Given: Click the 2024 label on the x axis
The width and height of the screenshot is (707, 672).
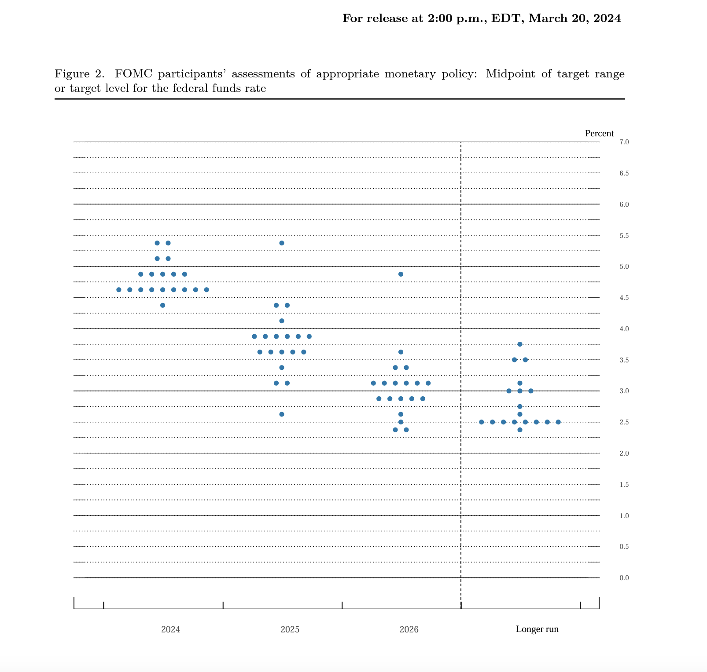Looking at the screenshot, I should (x=170, y=629).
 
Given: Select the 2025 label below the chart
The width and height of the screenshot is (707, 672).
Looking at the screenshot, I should (x=290, y=629).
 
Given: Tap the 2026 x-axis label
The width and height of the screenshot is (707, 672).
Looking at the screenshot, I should (x=409, y=629).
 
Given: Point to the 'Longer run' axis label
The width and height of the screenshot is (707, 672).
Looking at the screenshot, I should (x=537, y=629).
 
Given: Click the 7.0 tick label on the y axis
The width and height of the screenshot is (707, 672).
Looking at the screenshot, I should (x=624, y=142).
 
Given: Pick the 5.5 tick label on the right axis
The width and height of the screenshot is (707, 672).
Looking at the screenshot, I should (x=624, y=236).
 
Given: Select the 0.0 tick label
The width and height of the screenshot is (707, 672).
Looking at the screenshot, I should (x=624, y=578).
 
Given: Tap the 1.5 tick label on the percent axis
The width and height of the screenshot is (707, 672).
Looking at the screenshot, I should (x=624, y=485).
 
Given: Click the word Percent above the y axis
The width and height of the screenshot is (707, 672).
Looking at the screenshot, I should (x=599, y=134).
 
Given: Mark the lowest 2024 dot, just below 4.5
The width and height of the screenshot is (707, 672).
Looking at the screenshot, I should (x=162, y=305).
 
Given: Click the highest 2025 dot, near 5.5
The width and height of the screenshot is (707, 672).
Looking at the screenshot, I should (x=282, y=243).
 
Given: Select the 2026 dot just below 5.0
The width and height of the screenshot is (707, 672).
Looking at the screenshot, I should (x=401, y=274).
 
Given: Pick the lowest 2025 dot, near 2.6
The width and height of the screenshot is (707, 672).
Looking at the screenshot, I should (x=282, y=414).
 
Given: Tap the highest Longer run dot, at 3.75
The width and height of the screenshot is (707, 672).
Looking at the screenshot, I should (x=519, y=344).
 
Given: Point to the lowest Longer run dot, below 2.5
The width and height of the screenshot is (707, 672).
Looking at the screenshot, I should (x=519, y=430).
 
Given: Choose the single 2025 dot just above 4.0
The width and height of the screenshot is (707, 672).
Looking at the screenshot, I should (x=282, y=321).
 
